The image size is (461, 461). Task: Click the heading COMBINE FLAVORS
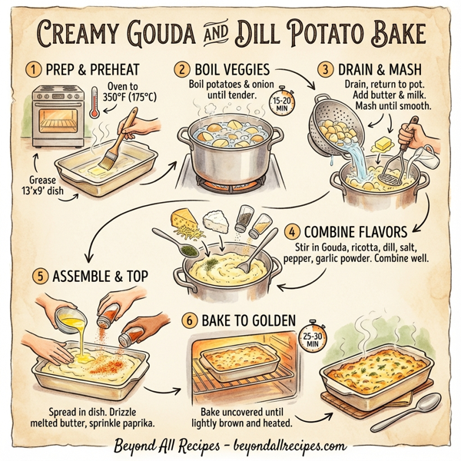(357, 232)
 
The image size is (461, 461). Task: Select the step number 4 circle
(292, 232)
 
